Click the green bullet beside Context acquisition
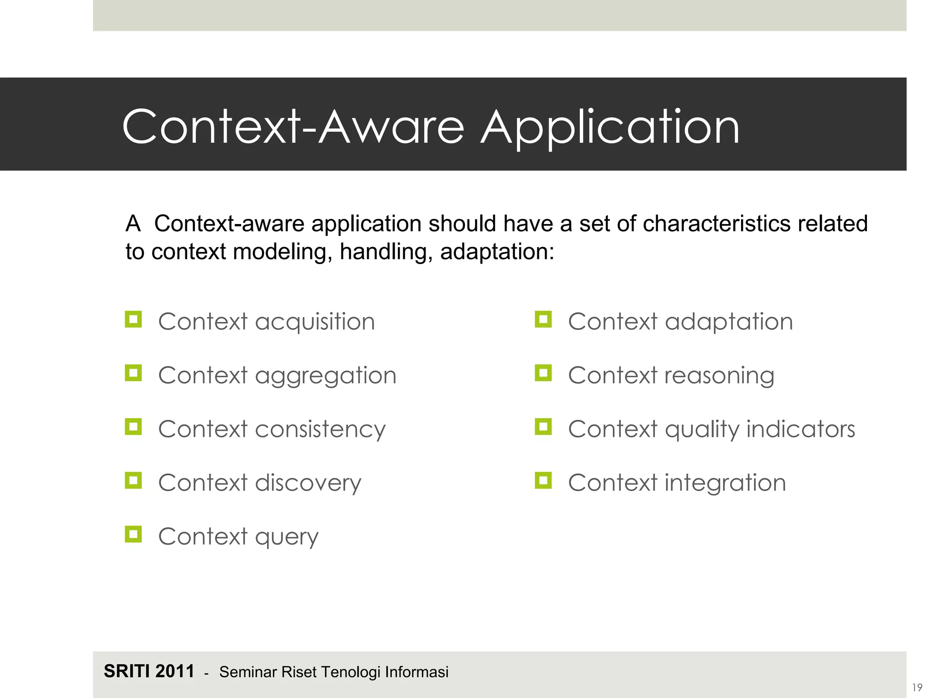click(x=133, y=319)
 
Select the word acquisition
click(x=315, y=322)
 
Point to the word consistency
click(x=320, y=429)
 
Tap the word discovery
click(x=308, y=483)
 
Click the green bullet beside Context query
click(x=133, y=534)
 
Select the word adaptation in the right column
click(x=729, y=322)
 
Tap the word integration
click(x=725, y=483)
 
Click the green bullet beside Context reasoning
click(x=543, y=373)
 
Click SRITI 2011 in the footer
click(x=149, y=671)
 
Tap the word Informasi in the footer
click(x=416, y=672)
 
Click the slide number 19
click(x=917, y=688)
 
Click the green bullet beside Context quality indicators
click(x=543, y=427)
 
